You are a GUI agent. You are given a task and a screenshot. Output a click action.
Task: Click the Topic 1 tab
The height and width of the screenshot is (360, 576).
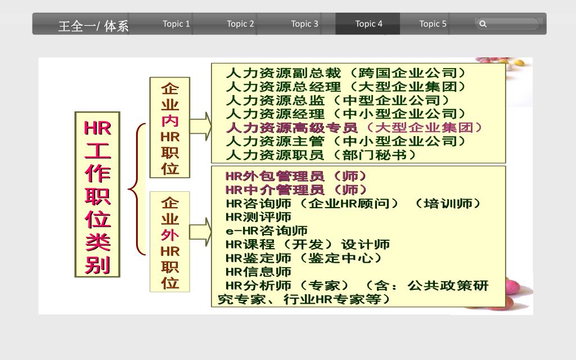(x=176, y=24)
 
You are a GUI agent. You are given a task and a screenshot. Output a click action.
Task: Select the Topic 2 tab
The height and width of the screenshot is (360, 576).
(x=240, y=24)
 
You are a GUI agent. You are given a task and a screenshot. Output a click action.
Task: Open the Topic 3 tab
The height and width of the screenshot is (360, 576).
(x=304, y=24)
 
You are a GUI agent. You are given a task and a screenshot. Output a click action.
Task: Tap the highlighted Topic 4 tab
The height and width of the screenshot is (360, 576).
(x=368, y=24)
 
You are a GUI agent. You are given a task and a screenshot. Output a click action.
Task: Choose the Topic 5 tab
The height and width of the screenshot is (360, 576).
(x=433, y=24)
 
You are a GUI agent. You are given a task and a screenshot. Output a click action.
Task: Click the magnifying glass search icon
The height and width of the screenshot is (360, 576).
(x=483, y=24)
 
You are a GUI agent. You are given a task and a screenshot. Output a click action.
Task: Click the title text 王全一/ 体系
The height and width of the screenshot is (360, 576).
(x=93, y=26)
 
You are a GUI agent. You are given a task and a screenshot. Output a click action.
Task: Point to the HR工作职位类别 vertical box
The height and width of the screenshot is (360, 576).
(x=97, y=194)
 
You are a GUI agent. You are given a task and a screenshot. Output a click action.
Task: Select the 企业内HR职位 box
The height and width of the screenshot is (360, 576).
(x=170, y=128)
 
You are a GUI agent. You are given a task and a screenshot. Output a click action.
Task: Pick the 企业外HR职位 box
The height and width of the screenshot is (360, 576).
(x=170, y=242)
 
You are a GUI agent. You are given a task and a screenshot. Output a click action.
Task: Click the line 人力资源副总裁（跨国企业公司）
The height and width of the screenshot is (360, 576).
(x=345, y=73)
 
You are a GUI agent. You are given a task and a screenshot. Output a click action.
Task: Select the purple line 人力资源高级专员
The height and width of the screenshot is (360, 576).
(x=354, y=128)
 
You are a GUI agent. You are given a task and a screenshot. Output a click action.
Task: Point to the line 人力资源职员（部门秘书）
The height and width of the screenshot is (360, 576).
(x=321, y=155)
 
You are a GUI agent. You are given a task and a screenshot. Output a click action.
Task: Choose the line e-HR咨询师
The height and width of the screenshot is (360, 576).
(x=267, y=231)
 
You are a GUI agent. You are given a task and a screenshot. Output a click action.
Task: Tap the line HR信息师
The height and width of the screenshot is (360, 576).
(x=258, y=272)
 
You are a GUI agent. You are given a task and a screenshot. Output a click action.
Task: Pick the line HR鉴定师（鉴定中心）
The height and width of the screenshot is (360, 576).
(x=304, y=258)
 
